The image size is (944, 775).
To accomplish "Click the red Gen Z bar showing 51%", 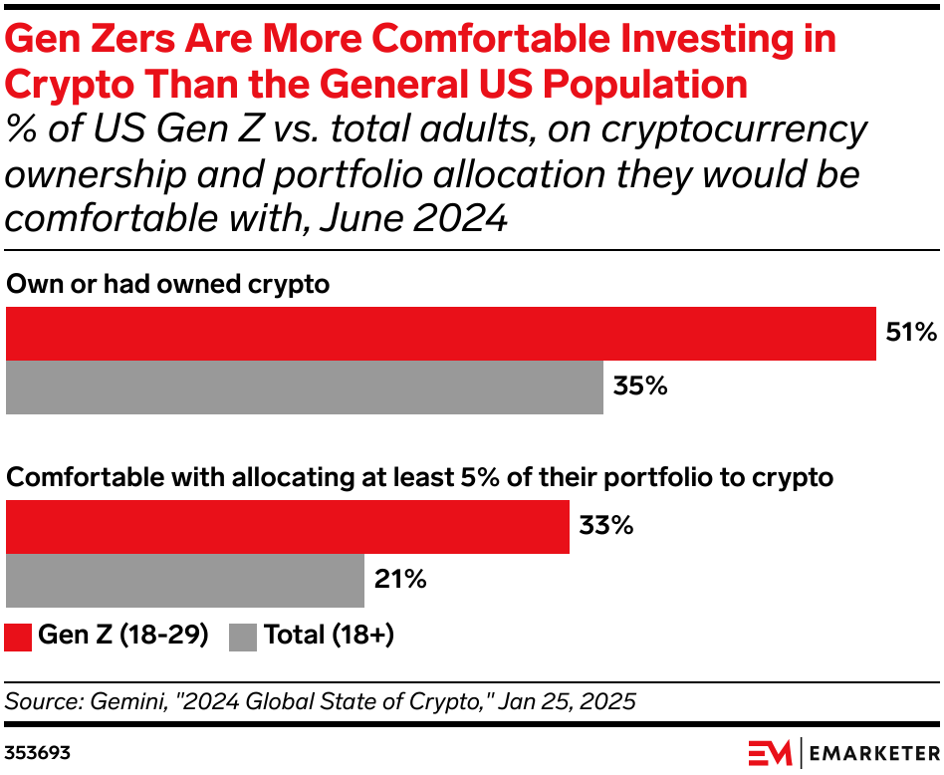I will pyautogui.click(x=441, y=334).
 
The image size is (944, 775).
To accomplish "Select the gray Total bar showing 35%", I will pyautogui.click(x=305, y=387).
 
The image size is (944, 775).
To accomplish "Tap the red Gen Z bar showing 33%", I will pyautogui.click(x=287, y=527).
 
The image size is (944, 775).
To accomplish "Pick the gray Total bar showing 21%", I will pyautogui.click(x=185, y=581).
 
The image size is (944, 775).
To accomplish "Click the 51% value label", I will pyautogui.click(x=910, y=334).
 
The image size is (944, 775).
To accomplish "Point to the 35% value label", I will pyautogui.click(x=639, y=387).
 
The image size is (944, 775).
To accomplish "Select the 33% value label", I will pyautogui.click(x=605, y=526).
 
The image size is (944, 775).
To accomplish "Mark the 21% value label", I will pyautogui.click(x=400, y=580).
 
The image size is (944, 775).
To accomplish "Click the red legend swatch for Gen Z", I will pyautogui.click(x=19, y=637).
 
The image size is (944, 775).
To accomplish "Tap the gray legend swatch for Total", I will pyautogui.click(x=243, y=637).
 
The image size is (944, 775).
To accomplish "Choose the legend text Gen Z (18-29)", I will pyautogui.click(x=122, y=636).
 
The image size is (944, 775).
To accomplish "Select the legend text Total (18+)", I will pyautogui.click(x=329, y=636).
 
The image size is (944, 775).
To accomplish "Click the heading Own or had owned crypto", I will pyautogui.click(x=167, y=284).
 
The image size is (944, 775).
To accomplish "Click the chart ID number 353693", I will pyautogui.click(x=37, y=750).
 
